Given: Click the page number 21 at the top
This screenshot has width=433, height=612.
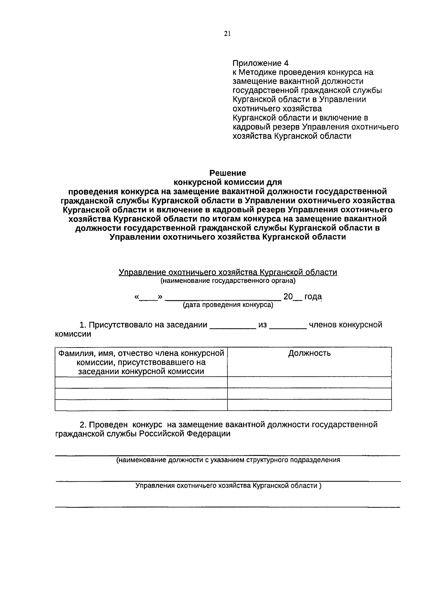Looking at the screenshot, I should coord(227,34).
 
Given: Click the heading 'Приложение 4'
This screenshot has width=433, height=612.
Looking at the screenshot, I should coord(261,63).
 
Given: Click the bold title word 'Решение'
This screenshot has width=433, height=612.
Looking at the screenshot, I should coord(228,173).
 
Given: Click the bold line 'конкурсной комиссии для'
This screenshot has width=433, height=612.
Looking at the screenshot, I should coord(228,182).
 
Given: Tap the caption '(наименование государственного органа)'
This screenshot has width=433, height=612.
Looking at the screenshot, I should coord(228,280).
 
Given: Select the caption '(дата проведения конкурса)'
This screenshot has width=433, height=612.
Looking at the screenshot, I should coord(228,305).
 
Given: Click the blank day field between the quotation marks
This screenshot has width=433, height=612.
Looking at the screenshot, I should coord(148,298).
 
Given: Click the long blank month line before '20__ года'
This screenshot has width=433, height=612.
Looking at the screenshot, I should coord(224,298).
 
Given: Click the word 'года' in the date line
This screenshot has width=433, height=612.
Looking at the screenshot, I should coord(313,297).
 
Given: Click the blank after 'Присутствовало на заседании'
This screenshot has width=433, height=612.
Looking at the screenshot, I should coord(232,326).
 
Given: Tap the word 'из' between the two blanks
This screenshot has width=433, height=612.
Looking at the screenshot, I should coord(262,325).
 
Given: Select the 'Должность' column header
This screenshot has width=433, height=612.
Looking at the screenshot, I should coord(309,353).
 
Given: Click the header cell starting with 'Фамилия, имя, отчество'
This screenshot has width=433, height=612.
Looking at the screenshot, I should coord(141,362).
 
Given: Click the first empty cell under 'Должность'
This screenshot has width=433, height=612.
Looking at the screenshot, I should coord(309,382).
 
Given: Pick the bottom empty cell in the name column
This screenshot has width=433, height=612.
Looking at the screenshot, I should coord(141,405).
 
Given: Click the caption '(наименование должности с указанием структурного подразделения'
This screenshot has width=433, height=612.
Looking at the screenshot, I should coord(228,460).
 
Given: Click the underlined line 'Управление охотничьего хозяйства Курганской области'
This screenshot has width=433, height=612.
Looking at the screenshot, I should coord(228,272).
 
